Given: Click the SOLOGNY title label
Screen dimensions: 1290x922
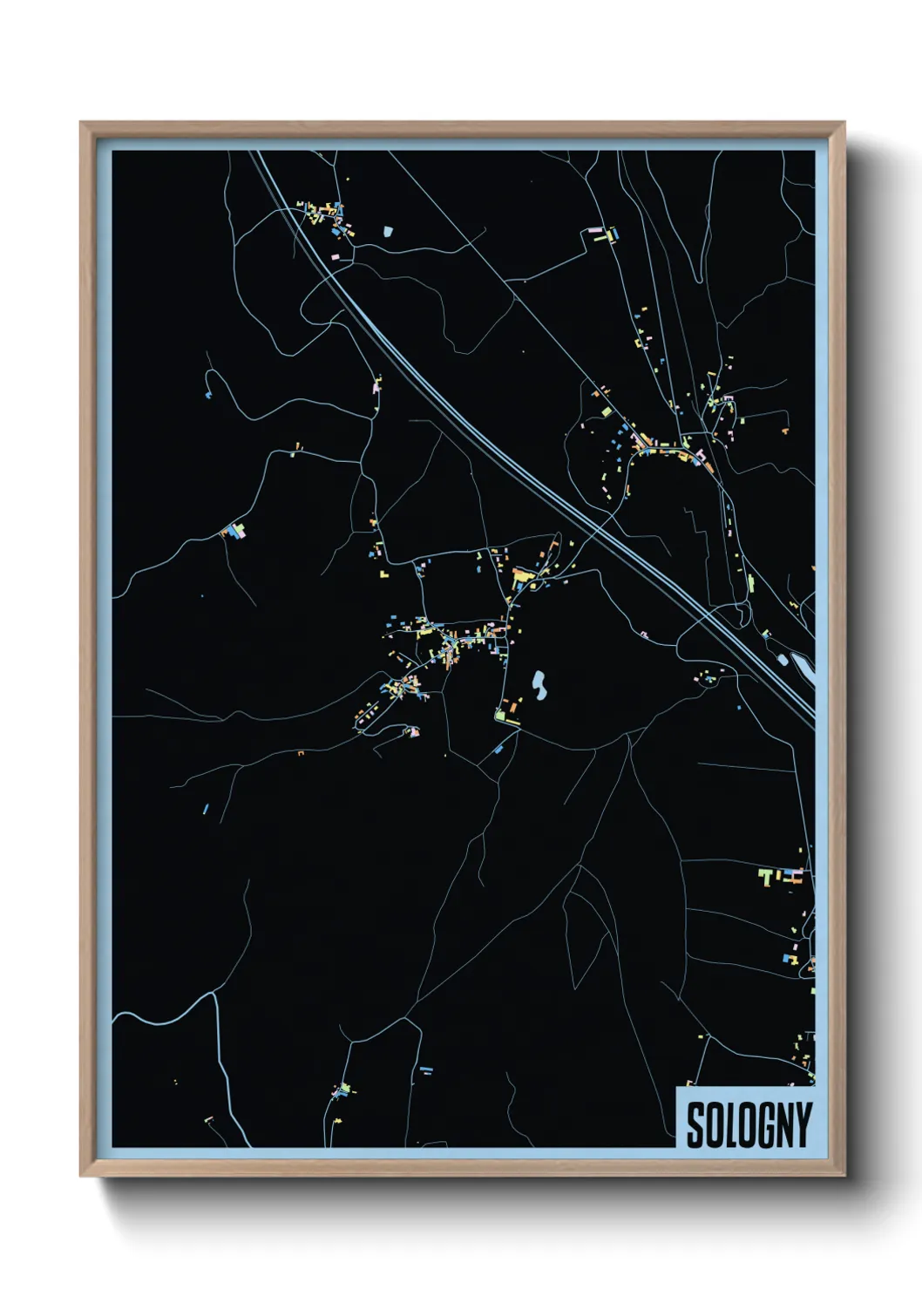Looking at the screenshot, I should pos(749,1124).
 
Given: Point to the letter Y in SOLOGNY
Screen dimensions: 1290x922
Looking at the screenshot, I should pos(803,1125).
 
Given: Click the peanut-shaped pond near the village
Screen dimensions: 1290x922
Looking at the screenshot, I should pos(539,685).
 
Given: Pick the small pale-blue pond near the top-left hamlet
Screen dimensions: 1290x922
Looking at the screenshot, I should pos(388,232).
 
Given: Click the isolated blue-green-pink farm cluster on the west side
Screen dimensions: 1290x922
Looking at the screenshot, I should pos(234,529).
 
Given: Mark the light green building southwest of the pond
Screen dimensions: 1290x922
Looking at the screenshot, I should pos(502,717).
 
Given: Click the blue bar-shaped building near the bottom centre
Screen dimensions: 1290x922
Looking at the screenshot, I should pos(425,1069).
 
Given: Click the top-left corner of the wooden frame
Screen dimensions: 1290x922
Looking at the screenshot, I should pos(81,123).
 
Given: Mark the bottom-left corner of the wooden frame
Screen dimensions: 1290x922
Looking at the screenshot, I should pos(81,1176).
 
